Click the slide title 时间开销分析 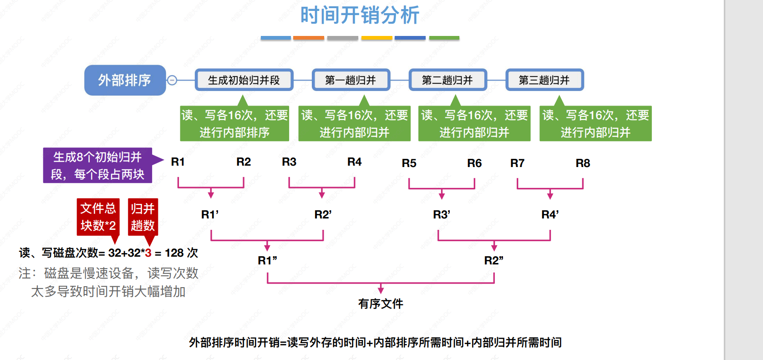(359, 15)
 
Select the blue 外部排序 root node (125, 80)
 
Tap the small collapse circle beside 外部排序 (172, 80)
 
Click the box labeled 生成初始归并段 (244, 80)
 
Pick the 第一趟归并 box (351, 80)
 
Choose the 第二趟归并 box (448, 80)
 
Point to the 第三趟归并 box (544, 80)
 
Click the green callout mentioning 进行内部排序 (234, 123)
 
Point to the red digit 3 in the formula (148, 253)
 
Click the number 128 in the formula (174, 253)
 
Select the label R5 (409, 163)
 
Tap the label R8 (583, 163)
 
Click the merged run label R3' (442, 214)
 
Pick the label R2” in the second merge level (493, 260)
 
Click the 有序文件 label (381, 304)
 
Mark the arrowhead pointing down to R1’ (211, 195)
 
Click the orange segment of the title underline (309, 38)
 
